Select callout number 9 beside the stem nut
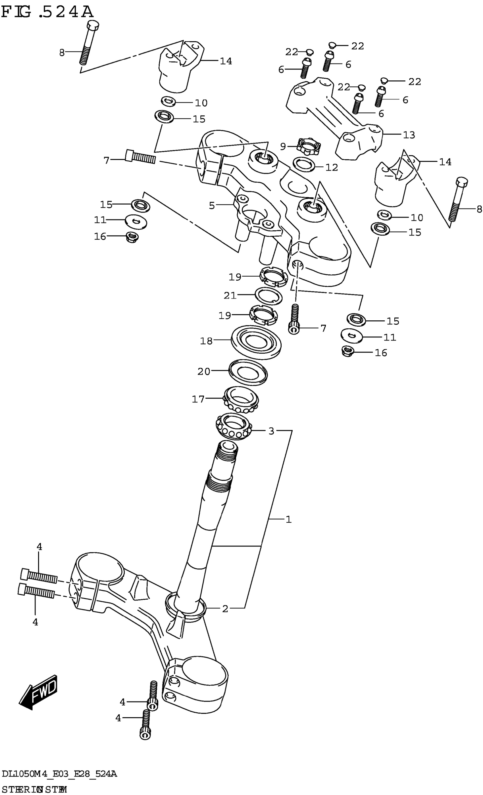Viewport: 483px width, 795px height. [x=283, y=147]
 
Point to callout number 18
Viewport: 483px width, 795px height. [x=207, y=341]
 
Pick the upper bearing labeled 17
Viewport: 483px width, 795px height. [x=241, y=399]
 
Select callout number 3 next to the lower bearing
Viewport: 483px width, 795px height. [x=271, y=431]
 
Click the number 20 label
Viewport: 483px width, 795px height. [x=204, y=372]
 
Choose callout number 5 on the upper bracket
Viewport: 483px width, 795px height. [x=212, y=206]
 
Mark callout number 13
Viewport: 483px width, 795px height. [x=409, y=135]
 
